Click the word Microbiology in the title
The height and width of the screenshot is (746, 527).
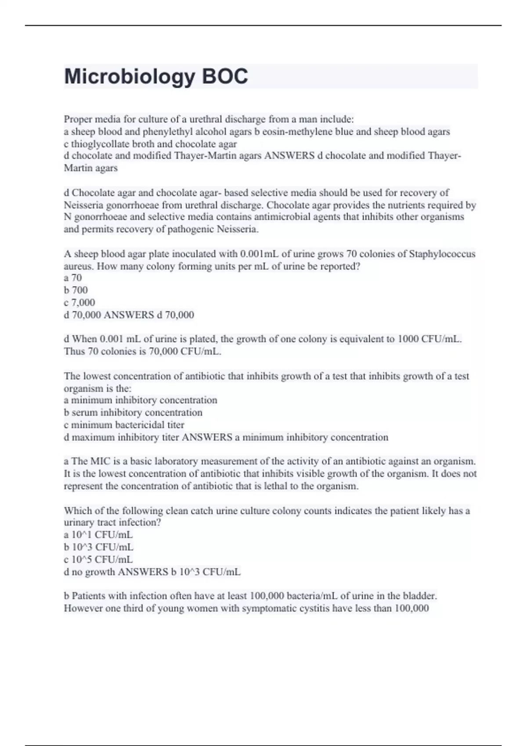pyautogui.click(x=130, y=76)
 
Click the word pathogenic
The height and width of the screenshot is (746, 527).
pyautogui.click(x=191, y=229)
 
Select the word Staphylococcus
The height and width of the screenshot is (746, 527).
pyautogui.click(x=442, y=254)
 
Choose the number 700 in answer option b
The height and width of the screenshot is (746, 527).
pyautogui.click(x=79, y=290)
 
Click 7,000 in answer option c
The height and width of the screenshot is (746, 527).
pyautogui.click(x=83, y=302)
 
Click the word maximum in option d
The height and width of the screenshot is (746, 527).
pyautogui.click(x=91, y=437)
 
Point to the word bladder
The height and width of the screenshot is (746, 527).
pyautogui.click(x=421, y=596)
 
